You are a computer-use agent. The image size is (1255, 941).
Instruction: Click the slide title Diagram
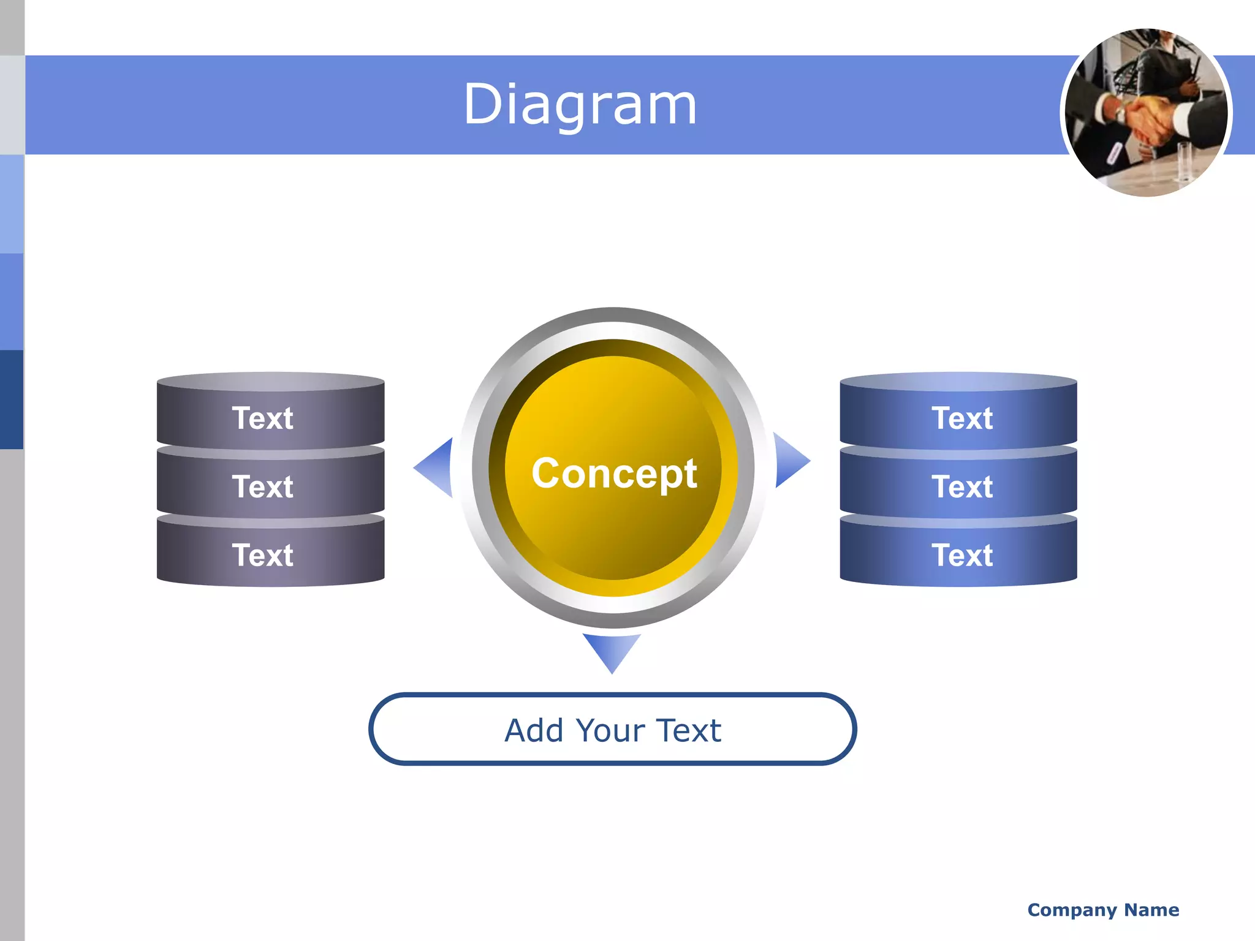(x=580, y=105)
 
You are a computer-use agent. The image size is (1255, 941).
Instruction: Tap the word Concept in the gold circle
(x=614, y=473)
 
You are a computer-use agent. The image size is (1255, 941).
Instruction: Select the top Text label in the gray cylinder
(x=263, y=418)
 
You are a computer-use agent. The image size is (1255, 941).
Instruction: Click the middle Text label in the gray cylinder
(x=263, y=487)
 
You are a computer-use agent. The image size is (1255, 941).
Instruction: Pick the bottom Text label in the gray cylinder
(x=263, y=555)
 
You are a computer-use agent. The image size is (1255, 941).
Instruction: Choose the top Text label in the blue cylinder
(x=962, y=418)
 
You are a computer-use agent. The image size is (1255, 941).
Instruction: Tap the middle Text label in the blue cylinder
(x=962, y=487)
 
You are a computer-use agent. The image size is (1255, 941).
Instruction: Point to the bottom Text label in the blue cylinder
(x=962, y=555)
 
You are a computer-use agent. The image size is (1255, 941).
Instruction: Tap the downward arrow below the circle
(x=612, y=651)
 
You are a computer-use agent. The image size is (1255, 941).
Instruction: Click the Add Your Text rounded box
(x=612, y=730)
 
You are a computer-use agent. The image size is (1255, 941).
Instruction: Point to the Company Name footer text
(x=1103, y=910)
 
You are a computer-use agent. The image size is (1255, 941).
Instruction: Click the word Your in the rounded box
(x=610, y=730)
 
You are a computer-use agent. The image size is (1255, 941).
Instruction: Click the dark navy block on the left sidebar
(x=12, y=399)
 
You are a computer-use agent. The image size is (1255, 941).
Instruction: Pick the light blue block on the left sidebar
(x=12, y=203)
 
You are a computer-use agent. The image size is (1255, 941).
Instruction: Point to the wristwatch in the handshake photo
(x=1121, y=114)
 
